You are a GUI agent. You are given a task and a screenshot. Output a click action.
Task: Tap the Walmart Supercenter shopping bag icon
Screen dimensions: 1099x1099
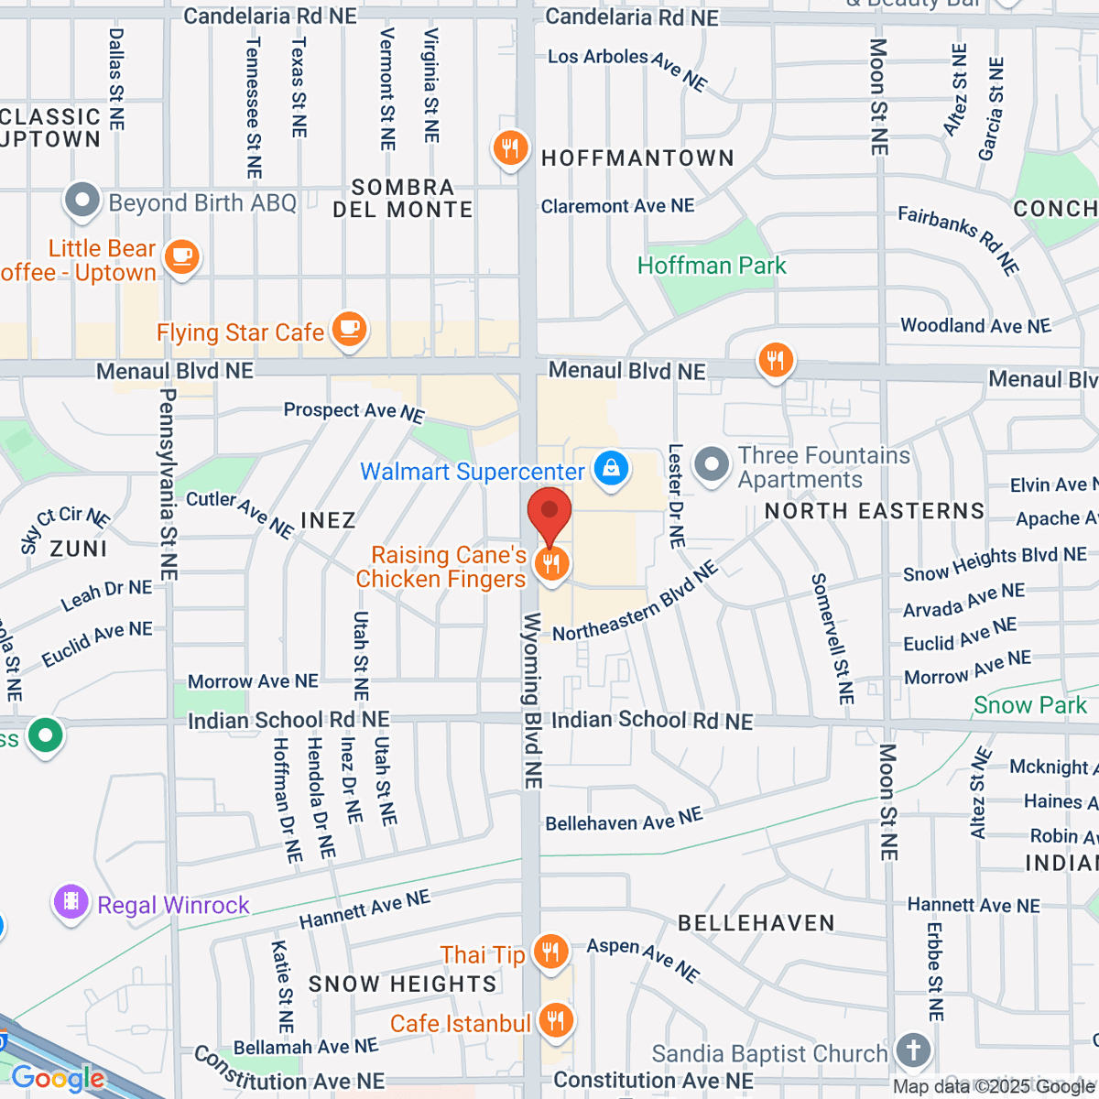click(611, 468)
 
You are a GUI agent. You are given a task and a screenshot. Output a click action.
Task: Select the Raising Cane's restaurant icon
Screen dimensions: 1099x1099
click(550, 564)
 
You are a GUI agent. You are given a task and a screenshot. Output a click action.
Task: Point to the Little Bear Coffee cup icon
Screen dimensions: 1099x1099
click(181, 256)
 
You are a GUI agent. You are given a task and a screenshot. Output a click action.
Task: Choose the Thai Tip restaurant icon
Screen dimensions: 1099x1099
click(550, 952)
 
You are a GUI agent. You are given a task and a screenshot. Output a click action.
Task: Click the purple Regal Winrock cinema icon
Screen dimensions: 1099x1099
click(71, 902)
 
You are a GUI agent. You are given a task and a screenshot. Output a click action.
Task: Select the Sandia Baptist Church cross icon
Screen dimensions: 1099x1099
click(912, 1050)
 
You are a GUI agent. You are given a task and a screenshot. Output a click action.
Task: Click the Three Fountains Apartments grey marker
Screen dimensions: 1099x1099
click(712, 464)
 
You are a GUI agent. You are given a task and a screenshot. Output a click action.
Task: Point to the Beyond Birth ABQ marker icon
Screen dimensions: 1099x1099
click(82, 201)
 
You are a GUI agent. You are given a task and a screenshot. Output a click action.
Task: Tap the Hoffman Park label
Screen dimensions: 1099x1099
click(712, 267)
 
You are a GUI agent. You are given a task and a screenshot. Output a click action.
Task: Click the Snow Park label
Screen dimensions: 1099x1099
click(1029, 705)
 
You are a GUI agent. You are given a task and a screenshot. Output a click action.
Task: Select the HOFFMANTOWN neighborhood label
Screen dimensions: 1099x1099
click(637, 158)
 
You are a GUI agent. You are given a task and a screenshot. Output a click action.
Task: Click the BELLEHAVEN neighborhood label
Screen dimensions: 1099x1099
click(756, 923)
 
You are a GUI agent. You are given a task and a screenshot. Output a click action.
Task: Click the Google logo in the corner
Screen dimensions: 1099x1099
click(57, 1078)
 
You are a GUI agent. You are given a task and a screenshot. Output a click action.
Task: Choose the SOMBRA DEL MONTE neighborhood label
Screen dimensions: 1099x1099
click(403, 199)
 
